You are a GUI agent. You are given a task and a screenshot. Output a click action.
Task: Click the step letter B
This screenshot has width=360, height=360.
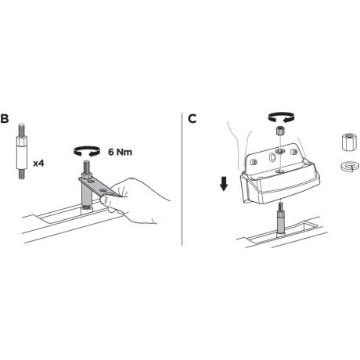coord(5,118)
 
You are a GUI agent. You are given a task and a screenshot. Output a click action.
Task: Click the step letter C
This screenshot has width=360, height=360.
coord(192,119)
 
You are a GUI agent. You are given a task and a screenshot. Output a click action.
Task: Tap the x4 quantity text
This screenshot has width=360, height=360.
coord(38,164)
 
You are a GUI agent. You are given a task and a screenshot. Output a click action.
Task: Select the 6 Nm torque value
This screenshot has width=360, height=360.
coord(120,152)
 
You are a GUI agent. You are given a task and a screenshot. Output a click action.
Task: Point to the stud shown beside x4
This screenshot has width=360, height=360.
coord(22,151)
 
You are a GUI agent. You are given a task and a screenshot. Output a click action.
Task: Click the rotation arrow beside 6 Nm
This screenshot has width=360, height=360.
coord(87,151)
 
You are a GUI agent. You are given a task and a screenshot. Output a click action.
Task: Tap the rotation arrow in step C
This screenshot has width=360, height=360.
coord(281,117)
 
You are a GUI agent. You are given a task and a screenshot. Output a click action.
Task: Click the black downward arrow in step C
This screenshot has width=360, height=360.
coord(224,184)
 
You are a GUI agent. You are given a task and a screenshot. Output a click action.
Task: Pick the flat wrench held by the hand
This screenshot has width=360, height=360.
coord(99,186)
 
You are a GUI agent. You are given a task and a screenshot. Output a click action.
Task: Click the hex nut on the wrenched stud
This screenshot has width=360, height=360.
coord(87,175)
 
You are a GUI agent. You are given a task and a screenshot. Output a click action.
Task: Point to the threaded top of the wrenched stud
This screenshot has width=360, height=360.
coord(87,166)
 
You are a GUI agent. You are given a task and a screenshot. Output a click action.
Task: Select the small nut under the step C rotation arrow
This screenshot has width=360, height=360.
coord(280,130)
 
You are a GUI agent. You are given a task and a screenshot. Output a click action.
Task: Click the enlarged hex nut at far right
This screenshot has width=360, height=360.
coord(349,142)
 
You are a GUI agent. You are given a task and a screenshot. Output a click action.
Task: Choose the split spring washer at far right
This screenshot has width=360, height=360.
coord(350,166)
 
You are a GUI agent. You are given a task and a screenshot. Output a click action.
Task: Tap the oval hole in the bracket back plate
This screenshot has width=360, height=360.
coord(272,157)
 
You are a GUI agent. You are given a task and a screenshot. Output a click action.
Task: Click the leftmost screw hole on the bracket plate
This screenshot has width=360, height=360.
coord(253,162)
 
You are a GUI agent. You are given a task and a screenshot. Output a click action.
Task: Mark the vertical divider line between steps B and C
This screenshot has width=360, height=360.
coord(182,179)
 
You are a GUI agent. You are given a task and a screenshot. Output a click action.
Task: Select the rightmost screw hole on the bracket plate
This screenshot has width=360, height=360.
coord(294,152)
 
